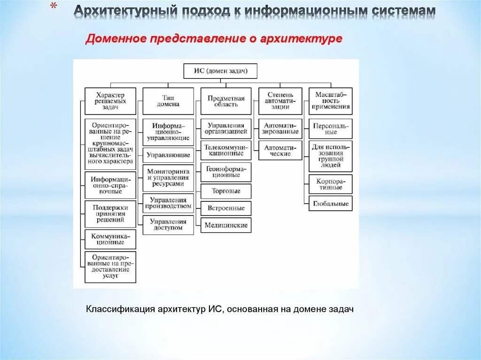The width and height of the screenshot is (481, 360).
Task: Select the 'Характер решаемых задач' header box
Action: tap(110, 101)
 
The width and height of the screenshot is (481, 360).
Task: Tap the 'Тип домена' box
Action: tap(168, 101)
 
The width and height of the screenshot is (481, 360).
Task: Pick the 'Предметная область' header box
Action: tap(226, 101)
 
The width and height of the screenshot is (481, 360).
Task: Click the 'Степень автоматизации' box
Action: tap(280, 101)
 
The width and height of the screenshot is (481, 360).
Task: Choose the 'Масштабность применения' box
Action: tap(330, 101)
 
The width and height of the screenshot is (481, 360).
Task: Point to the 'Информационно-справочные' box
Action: tap(110, 185)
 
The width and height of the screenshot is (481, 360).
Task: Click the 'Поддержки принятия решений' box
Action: tap(110, 213)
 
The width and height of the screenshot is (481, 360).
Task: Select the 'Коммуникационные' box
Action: tap(110, 239)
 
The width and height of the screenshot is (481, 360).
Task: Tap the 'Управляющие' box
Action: tap(168, 154)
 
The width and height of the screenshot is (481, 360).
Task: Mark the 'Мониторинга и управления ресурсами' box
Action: tap(168, 178)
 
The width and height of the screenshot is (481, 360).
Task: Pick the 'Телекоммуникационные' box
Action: tap(226, 150)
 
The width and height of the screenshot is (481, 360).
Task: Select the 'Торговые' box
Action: tap(226, 191)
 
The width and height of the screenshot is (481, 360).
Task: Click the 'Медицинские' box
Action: tap(226, 225)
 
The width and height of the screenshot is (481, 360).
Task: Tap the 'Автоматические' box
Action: tap(280, 151)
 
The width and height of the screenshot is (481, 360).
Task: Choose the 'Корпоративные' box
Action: tap(330, 184)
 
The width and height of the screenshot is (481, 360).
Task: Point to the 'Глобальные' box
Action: tap(330, 204)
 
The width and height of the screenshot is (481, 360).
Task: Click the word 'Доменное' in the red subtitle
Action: tap(116, 39)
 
